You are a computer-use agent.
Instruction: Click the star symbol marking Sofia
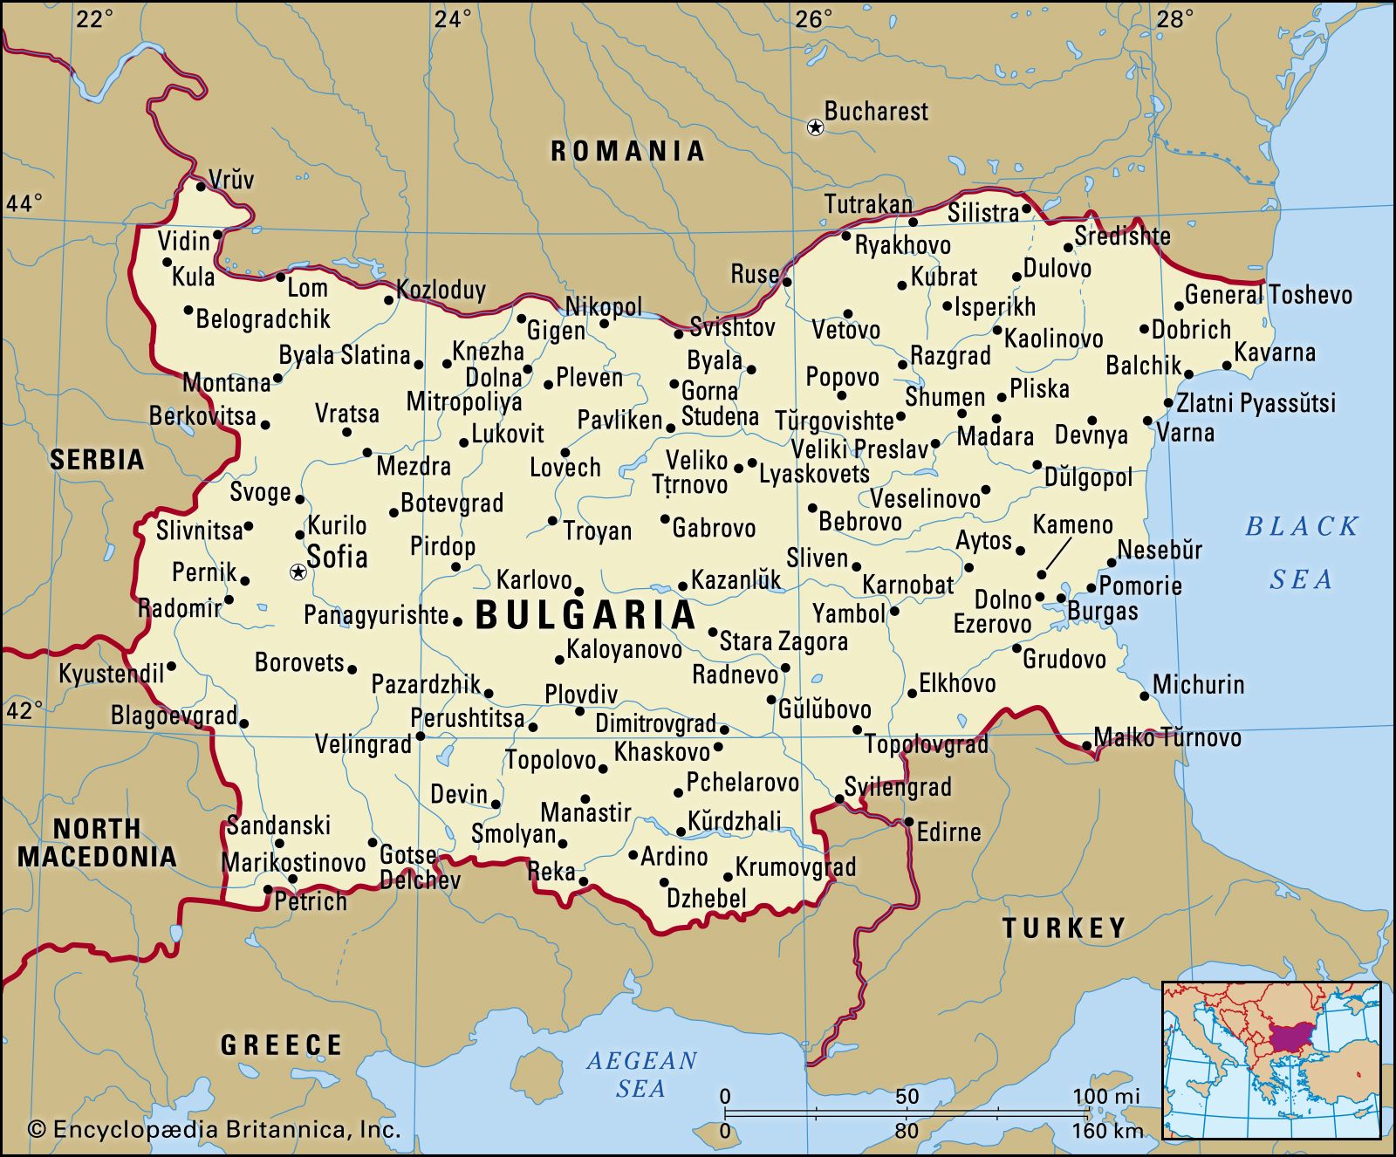click(298, 572)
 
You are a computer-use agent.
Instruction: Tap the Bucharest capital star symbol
click(815, 128)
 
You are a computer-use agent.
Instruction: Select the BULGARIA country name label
click(585, 615)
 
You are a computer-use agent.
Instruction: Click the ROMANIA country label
click(627, 151)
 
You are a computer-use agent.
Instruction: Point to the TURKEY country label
click(1064, 928)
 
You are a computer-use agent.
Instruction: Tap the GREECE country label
click(281, 1044)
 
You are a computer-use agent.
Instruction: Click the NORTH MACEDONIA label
click(97, 843)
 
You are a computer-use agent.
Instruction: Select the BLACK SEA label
click(1301, 552)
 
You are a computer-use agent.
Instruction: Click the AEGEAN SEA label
click(641, 1074)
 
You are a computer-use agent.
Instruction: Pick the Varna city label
click(1185, 432)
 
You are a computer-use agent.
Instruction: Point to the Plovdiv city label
click(581, 695)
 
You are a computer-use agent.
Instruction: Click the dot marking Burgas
click(1061, 599)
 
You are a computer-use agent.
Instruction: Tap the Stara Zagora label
click(783, 641)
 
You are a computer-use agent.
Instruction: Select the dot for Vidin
click(217, 234)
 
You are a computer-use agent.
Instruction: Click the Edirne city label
click(948, 832)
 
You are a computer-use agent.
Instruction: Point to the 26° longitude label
click(813, 18)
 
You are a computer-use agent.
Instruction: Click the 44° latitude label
click(24, 203)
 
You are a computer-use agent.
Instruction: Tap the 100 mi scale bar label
click(1105, 1097)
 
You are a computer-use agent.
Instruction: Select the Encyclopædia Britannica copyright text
click(215, 1130)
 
